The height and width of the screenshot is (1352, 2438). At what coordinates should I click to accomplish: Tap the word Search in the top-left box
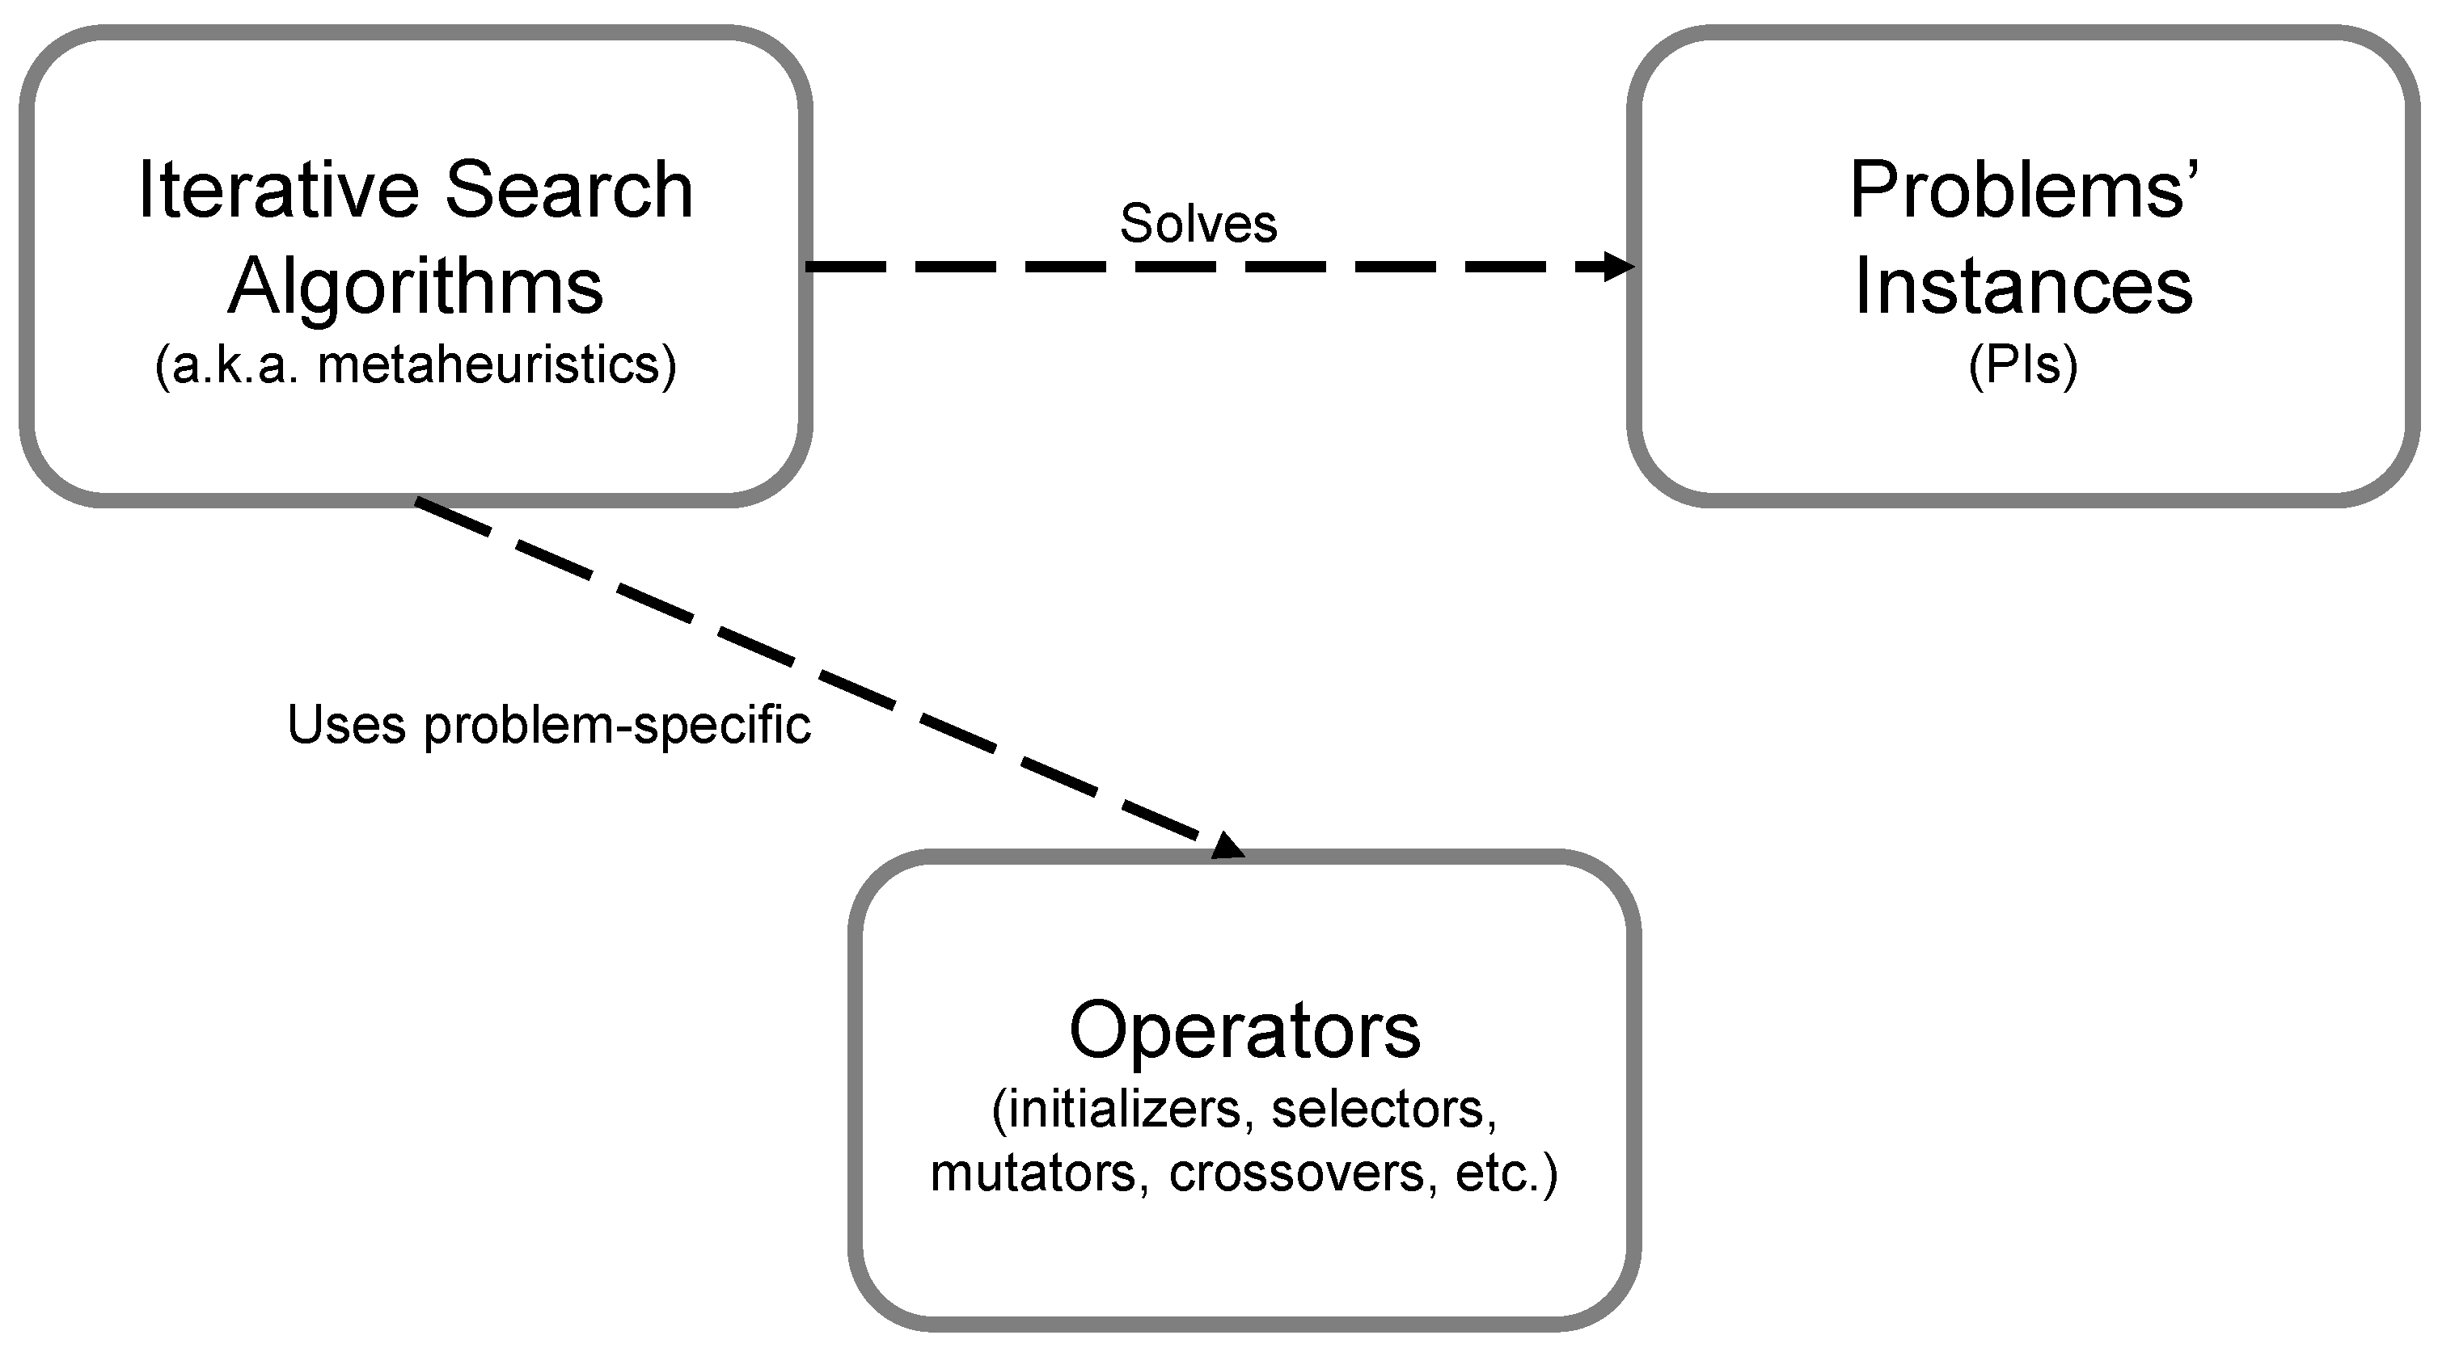click(568, 190)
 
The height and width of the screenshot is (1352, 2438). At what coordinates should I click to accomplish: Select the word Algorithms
click(416, 286)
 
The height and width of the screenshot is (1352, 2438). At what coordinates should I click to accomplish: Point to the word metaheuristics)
click(496, 365)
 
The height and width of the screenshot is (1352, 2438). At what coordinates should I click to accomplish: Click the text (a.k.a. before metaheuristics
click(226, 365)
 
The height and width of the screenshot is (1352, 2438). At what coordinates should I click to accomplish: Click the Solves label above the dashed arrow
click(1198, 223)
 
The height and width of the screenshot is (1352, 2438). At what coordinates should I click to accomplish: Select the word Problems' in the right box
click(2023, 190)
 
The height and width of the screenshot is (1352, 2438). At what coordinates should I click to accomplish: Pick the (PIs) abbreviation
click(2022, 365)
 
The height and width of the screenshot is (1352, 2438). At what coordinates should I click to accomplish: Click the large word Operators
click(1244, 1030)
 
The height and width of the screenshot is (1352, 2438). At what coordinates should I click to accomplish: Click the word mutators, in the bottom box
click(1039, 1173)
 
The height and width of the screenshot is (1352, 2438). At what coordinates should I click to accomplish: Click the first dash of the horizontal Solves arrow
click(845, 267)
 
